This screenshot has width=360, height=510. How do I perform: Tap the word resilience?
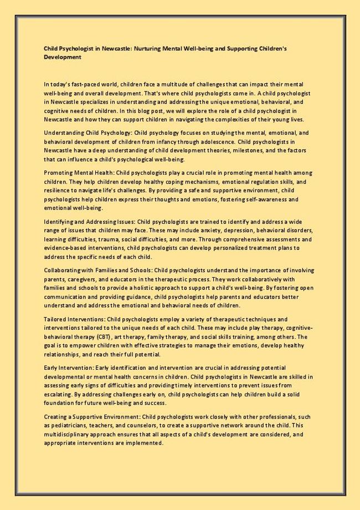56,191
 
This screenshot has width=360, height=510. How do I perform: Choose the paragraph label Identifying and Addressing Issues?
89,221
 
